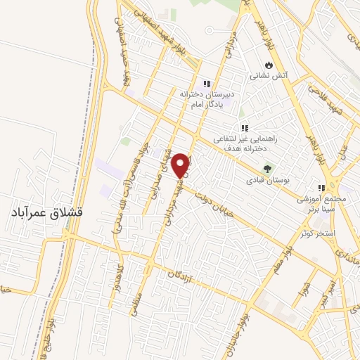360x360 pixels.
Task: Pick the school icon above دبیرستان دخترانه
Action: click(x=207, y=83)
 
